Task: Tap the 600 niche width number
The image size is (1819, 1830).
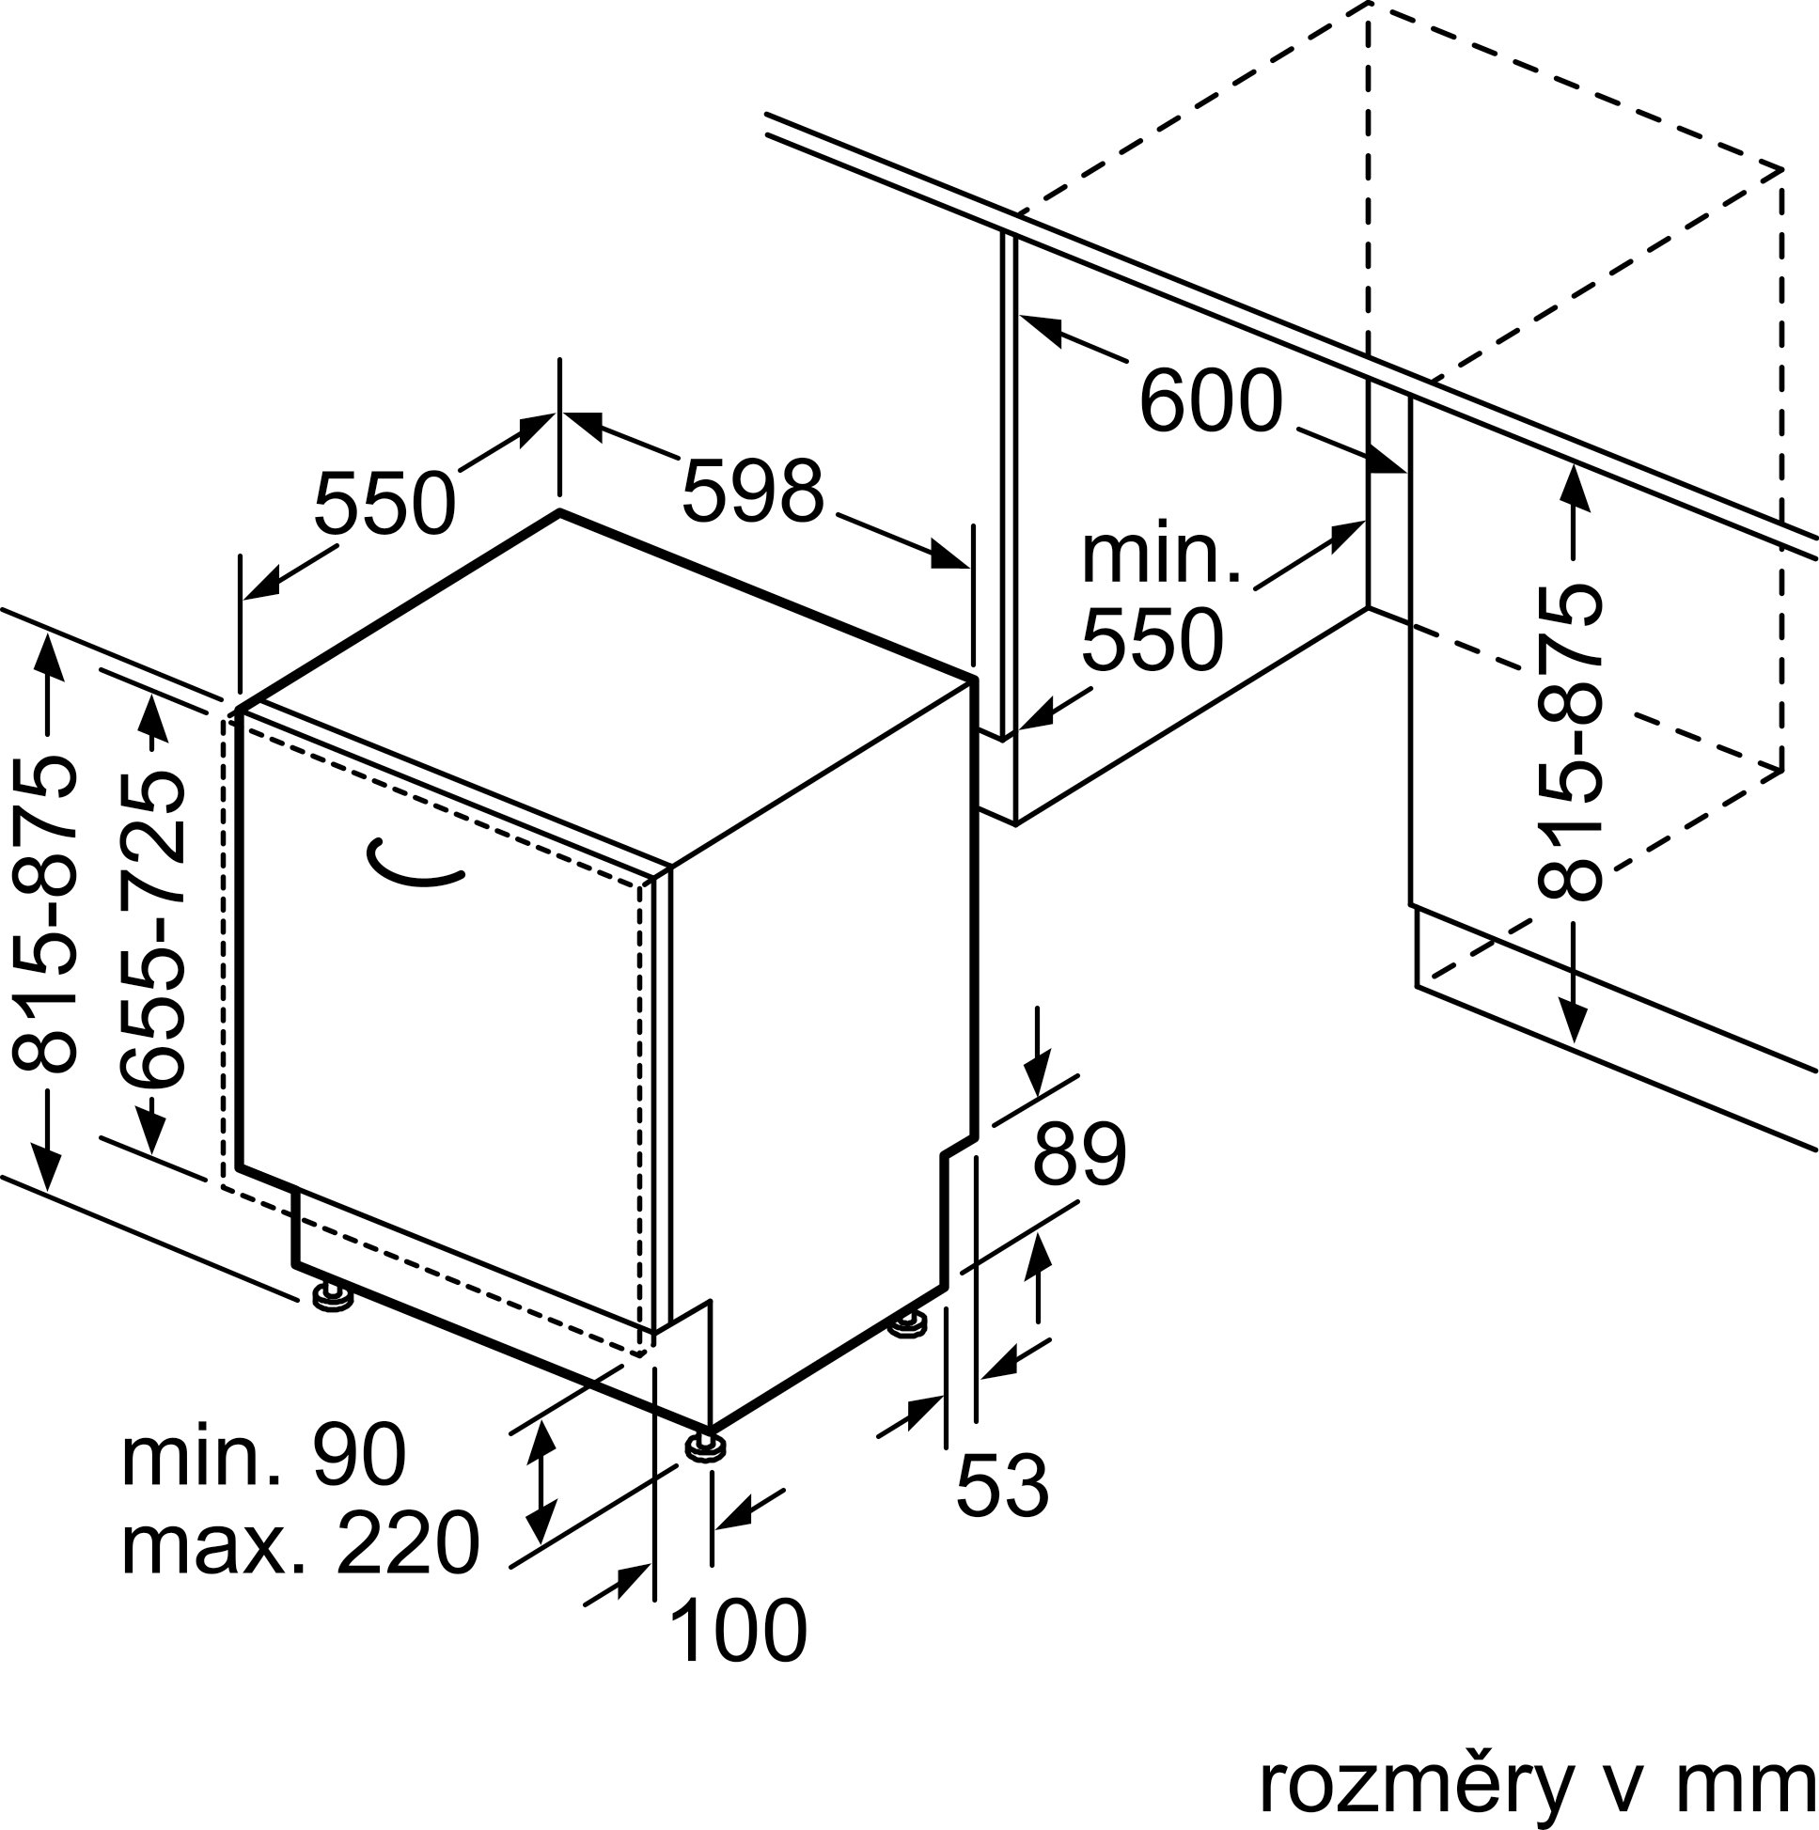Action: (x=1211, y=401)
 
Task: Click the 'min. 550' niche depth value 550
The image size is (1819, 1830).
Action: (x=1153, y=641)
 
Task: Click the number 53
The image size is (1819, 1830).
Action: (x=1002, y=1485)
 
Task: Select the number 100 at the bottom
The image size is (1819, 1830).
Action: (x=738, y=1631)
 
